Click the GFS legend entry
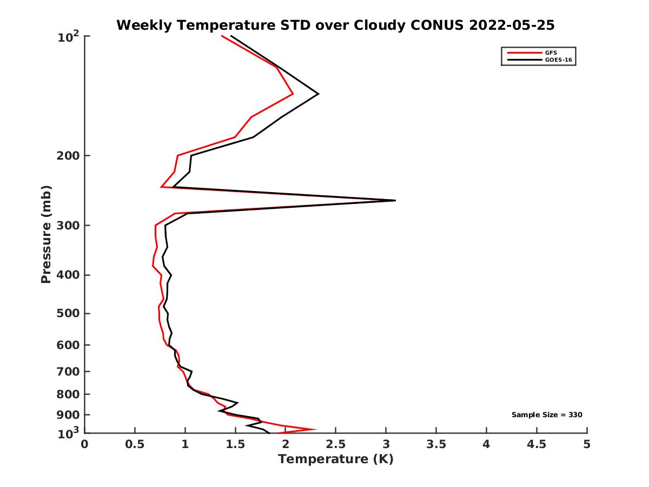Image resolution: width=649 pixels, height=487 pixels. tap(551, 52)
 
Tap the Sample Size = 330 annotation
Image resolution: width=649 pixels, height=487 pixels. tap(547, 415)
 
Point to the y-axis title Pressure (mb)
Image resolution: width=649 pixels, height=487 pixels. tap(46, 234)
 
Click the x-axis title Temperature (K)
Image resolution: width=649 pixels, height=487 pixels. tap(335, 459)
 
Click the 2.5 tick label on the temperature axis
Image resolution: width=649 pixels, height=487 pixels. tap(335, 444)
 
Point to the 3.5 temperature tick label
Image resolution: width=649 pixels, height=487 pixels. tap(436, 444)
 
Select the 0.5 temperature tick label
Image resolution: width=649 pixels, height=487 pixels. tap(135, 444)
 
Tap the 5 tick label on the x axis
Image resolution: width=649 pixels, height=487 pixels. tap(587, 444)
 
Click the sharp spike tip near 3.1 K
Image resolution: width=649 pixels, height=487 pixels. tap(395, 200)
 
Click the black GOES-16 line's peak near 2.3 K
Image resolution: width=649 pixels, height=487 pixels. tap(318, 94)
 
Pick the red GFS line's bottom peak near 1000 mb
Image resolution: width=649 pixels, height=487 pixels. tap(315, 429)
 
